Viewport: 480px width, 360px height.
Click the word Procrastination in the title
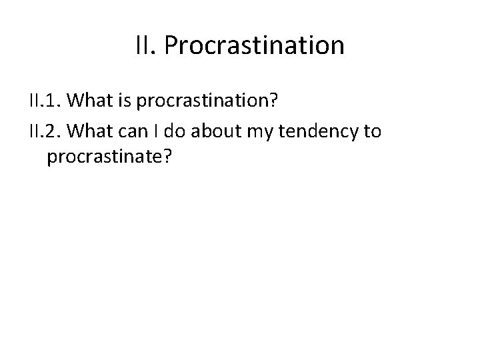[254, 46]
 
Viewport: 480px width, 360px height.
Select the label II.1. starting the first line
[46, 102]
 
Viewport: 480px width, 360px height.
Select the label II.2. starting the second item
[46, 131]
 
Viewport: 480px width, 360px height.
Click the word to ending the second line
[371, 131]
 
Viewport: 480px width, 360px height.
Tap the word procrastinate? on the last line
[109, 161]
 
